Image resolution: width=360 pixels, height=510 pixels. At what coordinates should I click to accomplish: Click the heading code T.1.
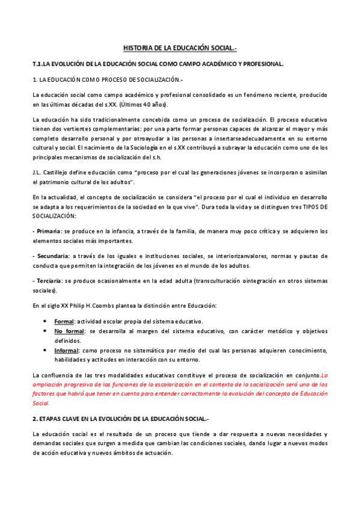38,63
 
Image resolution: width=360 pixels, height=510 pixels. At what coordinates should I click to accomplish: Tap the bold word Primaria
49,231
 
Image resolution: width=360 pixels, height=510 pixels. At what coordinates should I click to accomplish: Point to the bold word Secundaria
53,256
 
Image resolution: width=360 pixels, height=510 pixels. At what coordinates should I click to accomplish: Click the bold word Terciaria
49,281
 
